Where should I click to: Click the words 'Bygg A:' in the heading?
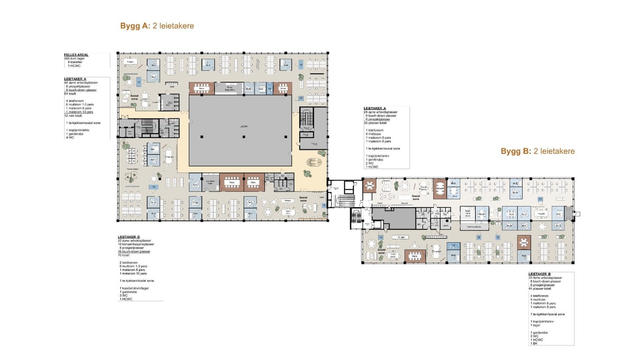click(135, 26)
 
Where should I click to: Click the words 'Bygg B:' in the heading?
click(516, 151)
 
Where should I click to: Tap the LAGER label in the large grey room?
click(244, 127)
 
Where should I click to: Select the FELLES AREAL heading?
click(76, 55)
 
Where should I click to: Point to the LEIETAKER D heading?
click(129, 237)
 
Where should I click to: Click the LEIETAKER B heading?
click(539, 274)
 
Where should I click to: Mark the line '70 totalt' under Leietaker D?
click(123, 255)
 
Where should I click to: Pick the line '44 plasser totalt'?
click(540, 289)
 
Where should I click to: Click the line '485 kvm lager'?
click(74, 58)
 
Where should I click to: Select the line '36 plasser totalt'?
click(375, 123)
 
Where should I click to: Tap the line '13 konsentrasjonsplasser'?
click(136, 244)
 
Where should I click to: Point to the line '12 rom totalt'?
click(73, 116)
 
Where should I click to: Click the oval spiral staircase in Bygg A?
click(314, 162)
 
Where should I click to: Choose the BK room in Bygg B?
click(419, 225)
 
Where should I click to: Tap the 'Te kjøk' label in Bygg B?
click(401, 237)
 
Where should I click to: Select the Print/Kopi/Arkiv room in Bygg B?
click(474, 227)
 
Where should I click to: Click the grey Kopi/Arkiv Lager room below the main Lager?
click(210, 182)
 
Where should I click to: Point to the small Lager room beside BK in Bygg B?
click(445, 225)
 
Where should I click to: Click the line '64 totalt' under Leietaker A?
click(70, 94)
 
